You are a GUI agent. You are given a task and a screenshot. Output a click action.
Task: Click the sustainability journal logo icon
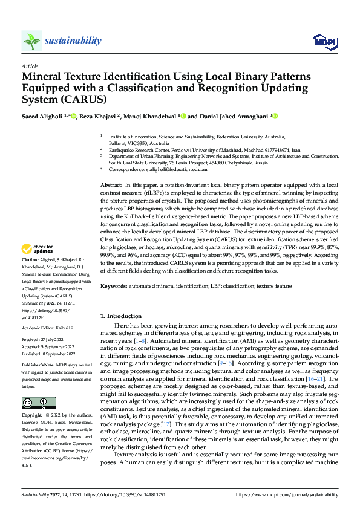click(x=31, y=41)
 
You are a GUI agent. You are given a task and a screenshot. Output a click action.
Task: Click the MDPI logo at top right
click(x=324, y=41)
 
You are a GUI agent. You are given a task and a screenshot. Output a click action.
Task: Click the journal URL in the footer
click(x=290, y=494)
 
